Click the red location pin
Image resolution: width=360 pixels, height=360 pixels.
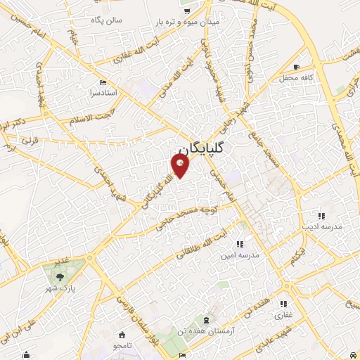coord(180,165)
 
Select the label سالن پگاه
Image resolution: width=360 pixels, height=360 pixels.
coord(105,20)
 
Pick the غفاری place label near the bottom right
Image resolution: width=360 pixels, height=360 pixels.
coord(283,314)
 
